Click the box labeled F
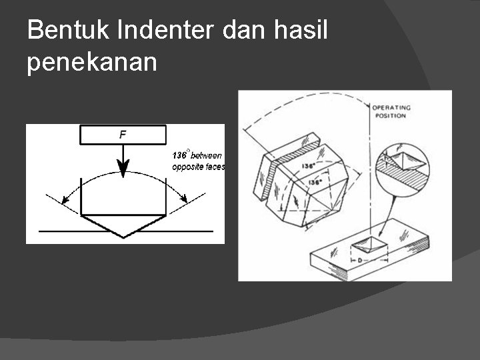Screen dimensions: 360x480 point(123,134)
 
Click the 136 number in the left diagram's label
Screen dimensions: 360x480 point(179,155)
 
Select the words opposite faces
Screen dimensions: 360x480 point(198,167)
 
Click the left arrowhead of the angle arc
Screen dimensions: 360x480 point(64,199)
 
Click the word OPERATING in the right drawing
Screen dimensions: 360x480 point(391,107)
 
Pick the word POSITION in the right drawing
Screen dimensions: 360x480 point(389,115)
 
